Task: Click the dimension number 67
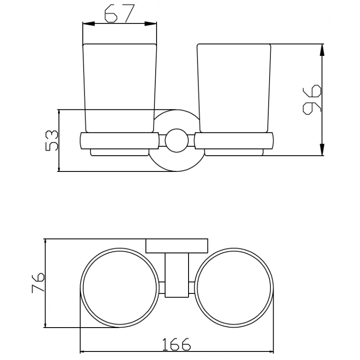[x=119, y=13]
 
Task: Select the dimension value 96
[x=312, y=99]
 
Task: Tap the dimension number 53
[x=52, y=140]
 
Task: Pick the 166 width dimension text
[x=176, y=344]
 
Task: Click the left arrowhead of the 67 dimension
[x=89, y=24]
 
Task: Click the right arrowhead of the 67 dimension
[x=151, y=24]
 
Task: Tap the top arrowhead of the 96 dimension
[x=322, y=50]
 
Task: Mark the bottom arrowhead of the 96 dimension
[x=322, y=149]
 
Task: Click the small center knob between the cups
[x=176, y=140]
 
